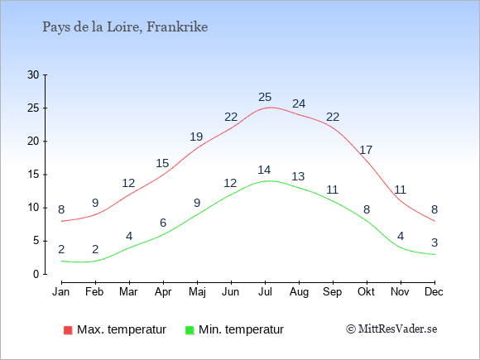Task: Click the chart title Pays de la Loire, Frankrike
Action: coord(125,27)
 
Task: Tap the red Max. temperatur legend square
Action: coord(68,330)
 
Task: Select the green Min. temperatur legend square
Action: coord(190,330)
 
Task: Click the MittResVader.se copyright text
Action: coord(391,329)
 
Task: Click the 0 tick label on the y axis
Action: coord(36,274)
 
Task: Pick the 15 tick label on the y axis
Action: coord(33,175)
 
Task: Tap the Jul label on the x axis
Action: coord(265,292)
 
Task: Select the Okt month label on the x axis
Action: coord(366,292)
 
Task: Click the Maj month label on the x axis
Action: coord(197,292)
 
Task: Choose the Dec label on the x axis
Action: coord(434,292)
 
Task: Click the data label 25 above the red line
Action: coord(265,97)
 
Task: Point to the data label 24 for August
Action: coord(299,103)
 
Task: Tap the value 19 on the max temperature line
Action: coord(196,137)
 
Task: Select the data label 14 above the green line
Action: coord(264,170)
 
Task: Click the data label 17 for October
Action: coord(366,150)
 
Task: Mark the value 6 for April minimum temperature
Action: coord(163,223)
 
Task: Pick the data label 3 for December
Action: coord(434,242)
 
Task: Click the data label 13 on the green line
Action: coord(298,176)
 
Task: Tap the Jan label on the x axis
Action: coord(61,292)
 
